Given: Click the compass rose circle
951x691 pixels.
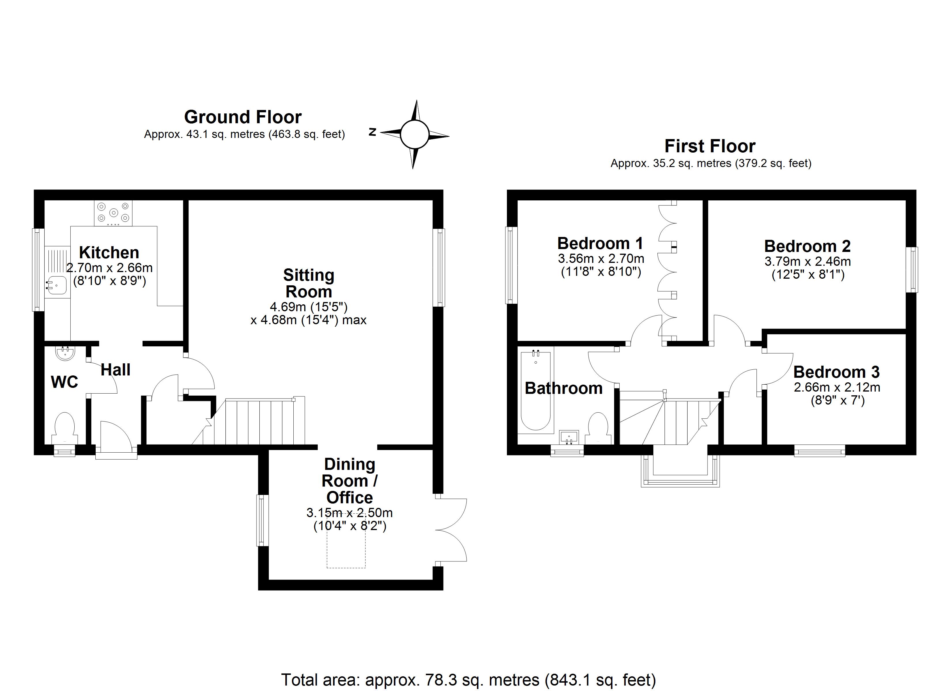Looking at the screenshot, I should [414, 134].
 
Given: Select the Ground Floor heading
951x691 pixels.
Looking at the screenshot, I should [243, 117].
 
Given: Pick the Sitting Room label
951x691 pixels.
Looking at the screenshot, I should [309, 283].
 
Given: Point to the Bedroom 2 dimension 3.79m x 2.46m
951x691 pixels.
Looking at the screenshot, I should [807, 261].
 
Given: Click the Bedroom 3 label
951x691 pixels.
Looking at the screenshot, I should [836, 372].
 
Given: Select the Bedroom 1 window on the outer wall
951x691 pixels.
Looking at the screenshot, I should [510, 265].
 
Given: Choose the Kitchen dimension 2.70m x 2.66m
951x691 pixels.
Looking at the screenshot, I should [110, 267].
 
